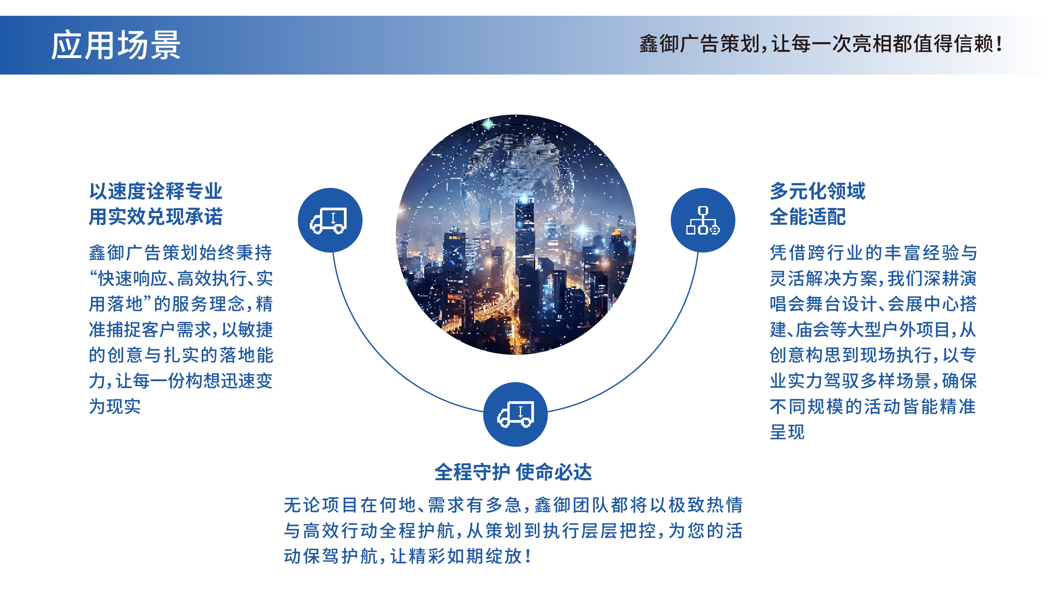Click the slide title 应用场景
tap(116, 45)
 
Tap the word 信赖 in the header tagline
tap(973, 44)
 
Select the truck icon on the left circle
tap(329, 221)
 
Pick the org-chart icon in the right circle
tap(703, 221)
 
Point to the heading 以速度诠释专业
tap(156, 191)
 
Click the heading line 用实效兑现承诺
tap(156, 216)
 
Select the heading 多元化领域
tap(817, 191)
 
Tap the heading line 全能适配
tap(808, 216)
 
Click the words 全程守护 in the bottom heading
tap(472, 472)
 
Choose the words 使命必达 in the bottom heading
tap(553, 472)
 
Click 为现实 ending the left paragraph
tap(115, 407)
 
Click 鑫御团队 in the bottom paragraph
tap(572, 505)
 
